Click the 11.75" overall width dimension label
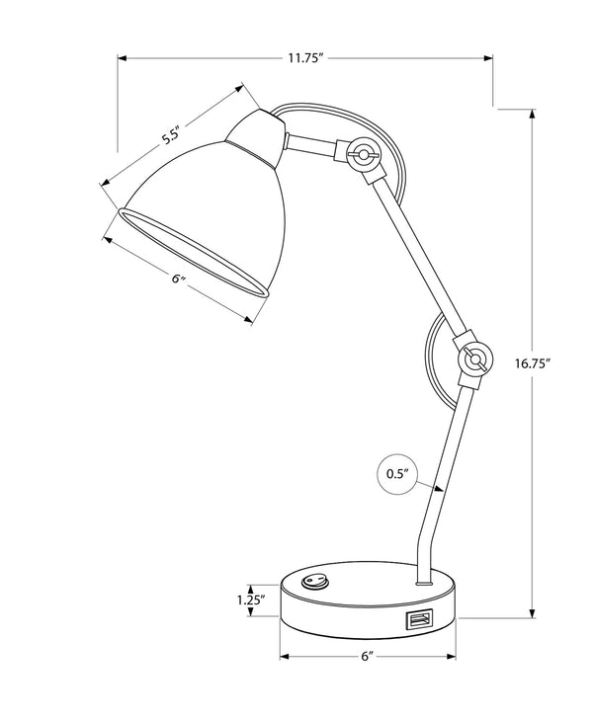coord(306,58)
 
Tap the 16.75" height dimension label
coord(532,362)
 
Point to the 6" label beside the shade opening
coord(179,280)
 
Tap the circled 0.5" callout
coord(396,473)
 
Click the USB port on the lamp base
coord(417,620)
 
